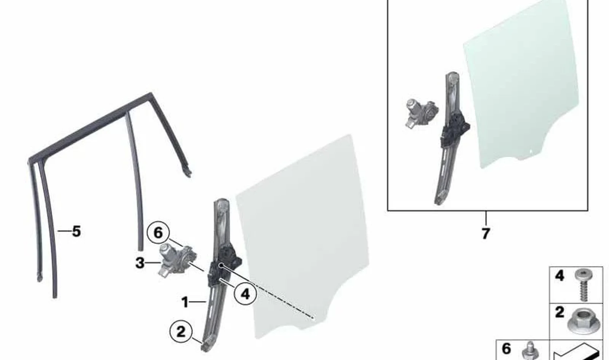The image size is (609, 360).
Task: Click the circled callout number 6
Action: pos(158,233)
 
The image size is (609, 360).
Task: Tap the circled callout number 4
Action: pos(245,294)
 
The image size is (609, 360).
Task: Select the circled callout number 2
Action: pos(180,331)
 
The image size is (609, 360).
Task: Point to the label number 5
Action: pos(77,231)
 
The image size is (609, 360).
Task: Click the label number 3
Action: pos(140,263)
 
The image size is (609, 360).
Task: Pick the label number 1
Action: pos(185,302)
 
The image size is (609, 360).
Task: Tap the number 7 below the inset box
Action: pos(486,233)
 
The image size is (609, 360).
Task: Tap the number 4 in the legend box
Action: pos(560,276)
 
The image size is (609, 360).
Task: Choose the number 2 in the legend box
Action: pos(560,312)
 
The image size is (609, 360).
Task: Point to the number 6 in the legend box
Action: pos(506,349)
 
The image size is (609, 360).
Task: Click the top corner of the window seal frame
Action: pos(150,94)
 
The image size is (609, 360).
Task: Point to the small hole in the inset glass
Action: pos(530,150)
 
